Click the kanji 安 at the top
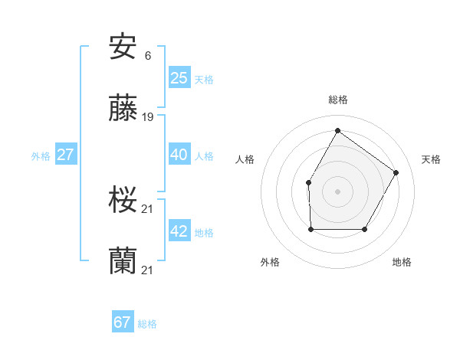[x=123, y=47]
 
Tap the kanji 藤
[x=123, y=109]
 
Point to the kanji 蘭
[x=123, y=261]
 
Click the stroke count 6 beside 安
[x=147, y=56]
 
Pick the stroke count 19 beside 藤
[x=148, y=117]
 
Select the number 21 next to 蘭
[x=148, y=270]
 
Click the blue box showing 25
[x=179, y=77]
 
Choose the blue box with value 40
[x=179, y=154]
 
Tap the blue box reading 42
[x=179, y=231]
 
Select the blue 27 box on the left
[x=66, y=154]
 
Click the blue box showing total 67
[x=123, y=322]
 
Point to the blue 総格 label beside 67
[x=147, y=324]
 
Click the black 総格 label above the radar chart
[x=338, y=100]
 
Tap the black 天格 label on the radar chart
[x=431, y=159]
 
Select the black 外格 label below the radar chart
[x=270, y=262]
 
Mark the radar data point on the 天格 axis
[x=396, y=172]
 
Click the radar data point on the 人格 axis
[x=308, y=182]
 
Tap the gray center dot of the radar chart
[x=337, y=191]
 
